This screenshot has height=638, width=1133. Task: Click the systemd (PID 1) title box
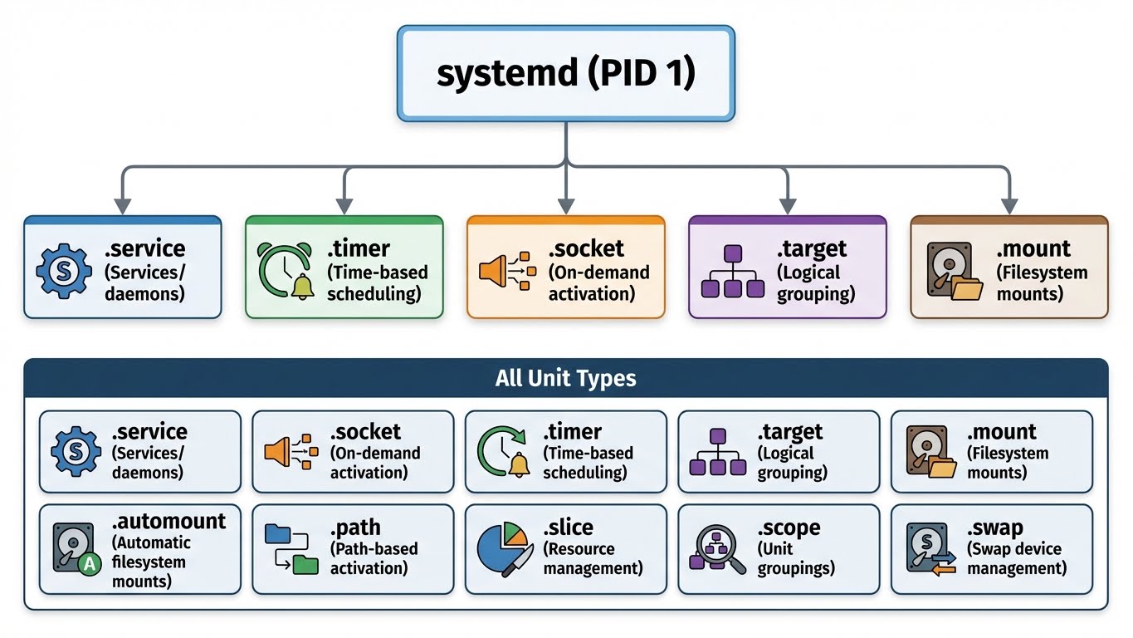(x=565, y=73)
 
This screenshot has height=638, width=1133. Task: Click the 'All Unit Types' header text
(x=565, y=379)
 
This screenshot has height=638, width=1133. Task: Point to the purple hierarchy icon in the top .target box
(x=732, y=271)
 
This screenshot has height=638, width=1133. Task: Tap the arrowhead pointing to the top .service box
(x=123, y=205)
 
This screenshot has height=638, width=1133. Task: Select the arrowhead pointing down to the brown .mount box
(x=1008, y=205)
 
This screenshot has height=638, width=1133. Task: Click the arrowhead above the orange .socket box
(x=566, y=205)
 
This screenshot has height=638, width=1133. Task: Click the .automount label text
(x=168, y=522)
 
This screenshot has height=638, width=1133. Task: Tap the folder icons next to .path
(x=291, y=548)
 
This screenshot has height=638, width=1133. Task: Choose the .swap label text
(x=994, y=528)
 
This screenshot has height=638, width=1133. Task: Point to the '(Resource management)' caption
(x=593, y=559)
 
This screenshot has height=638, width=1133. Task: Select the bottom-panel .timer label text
(x=573, y=432)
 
